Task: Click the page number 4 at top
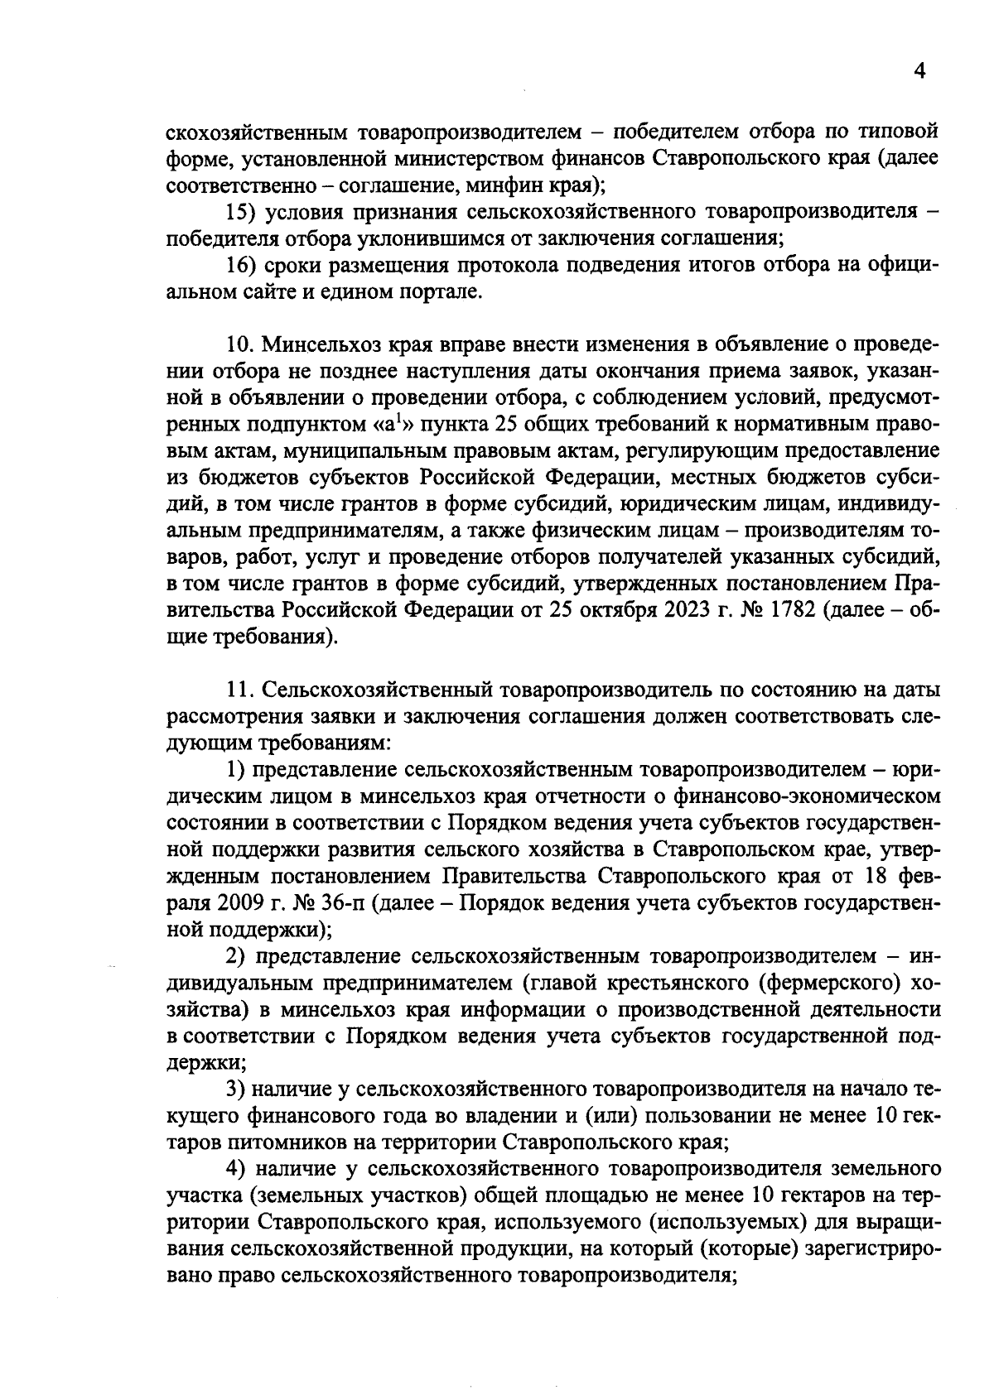click(x=918, y=71)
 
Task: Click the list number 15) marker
click(x=243, y=212)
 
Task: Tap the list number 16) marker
click(x=243, y=266)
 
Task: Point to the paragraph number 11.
click(x=242, y=690)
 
